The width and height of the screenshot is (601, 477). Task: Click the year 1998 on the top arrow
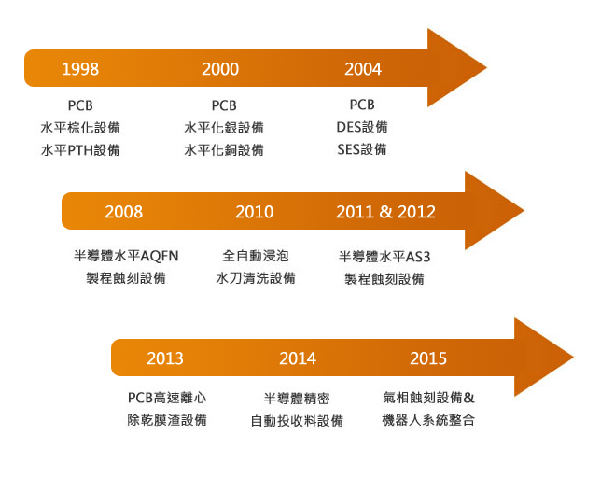80,69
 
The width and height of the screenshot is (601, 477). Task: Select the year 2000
220,69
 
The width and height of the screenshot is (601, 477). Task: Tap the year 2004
363,69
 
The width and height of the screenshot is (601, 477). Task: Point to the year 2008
124,212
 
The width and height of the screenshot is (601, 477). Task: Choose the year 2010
255,212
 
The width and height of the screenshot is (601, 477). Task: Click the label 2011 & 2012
386,212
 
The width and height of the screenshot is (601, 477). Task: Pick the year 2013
165,358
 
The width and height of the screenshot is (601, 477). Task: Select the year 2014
298,358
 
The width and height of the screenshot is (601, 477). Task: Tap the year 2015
428,358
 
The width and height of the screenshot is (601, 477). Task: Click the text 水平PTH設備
80,150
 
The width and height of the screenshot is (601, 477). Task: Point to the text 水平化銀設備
224,128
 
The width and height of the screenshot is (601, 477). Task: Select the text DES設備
362,127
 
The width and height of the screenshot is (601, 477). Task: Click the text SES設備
362,149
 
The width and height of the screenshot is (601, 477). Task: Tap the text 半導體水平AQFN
126,256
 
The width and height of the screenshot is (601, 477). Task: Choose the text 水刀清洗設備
256,278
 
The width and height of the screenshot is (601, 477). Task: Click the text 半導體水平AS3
384,257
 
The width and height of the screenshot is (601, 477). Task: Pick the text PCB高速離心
167,398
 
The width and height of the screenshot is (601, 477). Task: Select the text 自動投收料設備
297,421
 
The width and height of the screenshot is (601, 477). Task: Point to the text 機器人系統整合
428,420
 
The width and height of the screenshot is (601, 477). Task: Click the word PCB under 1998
80,105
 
